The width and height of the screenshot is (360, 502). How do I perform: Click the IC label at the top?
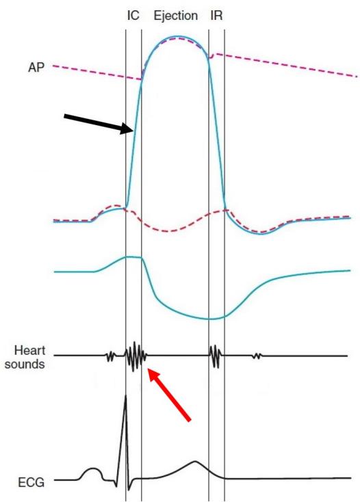click(133, 15)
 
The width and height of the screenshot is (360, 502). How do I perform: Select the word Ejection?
click(175, 16)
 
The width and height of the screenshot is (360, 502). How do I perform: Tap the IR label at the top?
click(216, 15)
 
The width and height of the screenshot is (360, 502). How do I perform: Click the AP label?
click(36, 68)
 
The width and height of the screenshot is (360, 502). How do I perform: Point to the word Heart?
click(29, 350)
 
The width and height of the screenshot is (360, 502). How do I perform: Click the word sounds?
click(25, 365)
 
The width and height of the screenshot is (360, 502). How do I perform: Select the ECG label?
click(31, 482)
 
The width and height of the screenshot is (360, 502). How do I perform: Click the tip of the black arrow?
click(133, 130)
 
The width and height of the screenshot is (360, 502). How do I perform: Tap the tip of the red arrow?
click(149, 369)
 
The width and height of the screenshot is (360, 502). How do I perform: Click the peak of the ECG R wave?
click(125, 396)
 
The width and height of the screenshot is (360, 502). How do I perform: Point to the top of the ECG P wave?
click(93, 468)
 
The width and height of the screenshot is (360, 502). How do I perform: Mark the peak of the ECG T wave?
click(195, 462)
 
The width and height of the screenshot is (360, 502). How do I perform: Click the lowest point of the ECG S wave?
click(129, 490)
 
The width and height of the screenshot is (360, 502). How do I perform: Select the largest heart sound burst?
click(135, 356)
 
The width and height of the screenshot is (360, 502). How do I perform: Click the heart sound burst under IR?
click(216, 356)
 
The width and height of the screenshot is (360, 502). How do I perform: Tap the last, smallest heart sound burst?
click(257, 356)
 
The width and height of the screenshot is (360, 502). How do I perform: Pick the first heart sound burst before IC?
click(110, 356)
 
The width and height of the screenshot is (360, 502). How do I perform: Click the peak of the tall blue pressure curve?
click(175, 36)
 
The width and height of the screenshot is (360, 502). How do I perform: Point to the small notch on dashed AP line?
click(211, 56)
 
